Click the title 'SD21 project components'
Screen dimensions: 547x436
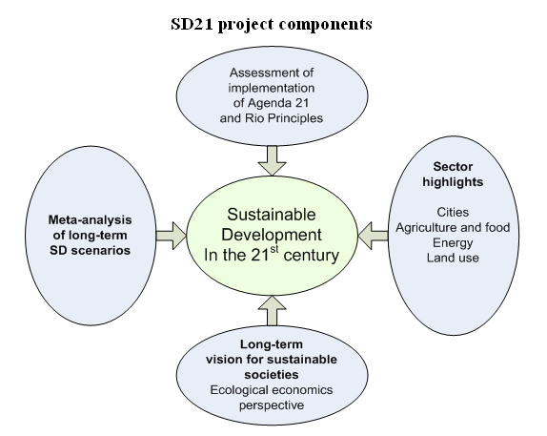click(x=272, y=25)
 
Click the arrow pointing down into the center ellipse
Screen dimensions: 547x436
click(x=273, y=160)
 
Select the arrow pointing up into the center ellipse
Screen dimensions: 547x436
click(x=273, y=311)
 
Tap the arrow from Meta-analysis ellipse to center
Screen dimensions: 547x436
click(x=172, y=236)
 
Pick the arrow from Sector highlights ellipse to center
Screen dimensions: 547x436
click(x=374, y=236)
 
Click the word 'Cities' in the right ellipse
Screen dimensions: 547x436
click(x=453, y=212)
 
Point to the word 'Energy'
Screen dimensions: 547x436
click(x=453, y=242)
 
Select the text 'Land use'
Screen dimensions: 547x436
click(x=453, y=258)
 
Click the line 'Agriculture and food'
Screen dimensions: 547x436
click(x=453, y=227)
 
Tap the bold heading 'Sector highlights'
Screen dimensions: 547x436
click(x=453, y=174)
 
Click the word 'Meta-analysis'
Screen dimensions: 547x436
click(x=90, y=220)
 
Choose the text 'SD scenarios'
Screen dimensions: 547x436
click(x=90, y=250)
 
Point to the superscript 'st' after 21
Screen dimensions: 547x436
click(x=274, y=249)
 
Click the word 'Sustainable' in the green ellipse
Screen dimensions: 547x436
click(x=272, y=214)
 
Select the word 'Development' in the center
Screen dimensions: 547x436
click(x=272, y=235)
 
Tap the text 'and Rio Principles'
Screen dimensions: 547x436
click(x=272, y=118)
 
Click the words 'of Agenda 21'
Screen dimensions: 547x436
click(x=272, y=103)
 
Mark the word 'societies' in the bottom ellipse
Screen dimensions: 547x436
click(x=272, y=375)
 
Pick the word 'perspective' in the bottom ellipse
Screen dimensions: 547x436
click(x=272, y=405)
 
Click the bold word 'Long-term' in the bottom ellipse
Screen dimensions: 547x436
click(x=272, y=344)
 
